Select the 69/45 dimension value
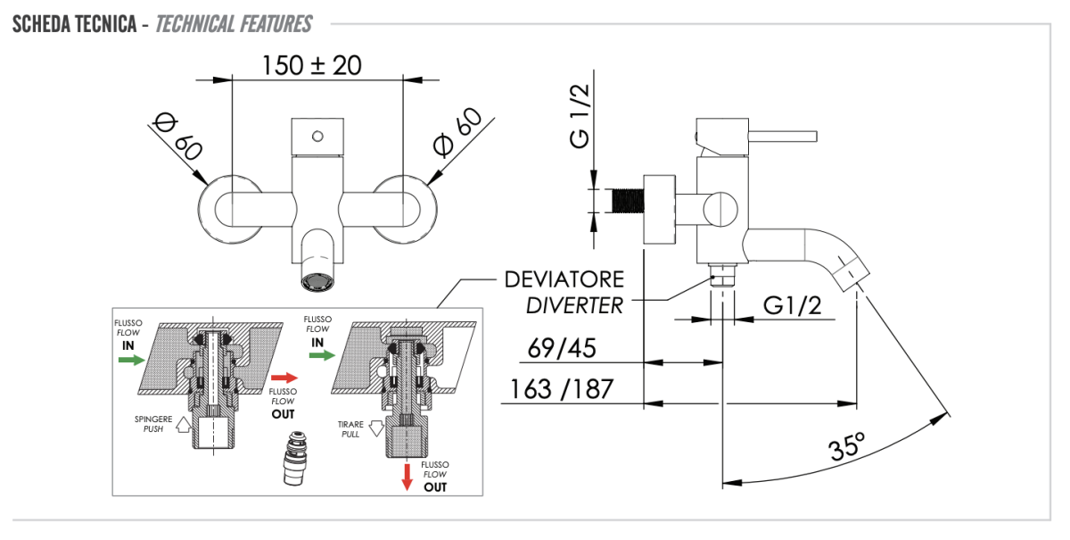(562, 348)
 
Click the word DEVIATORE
(564, 279)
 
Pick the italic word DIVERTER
(574, 305)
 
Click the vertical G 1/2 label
(580, 113)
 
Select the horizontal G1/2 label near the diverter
(792, 306)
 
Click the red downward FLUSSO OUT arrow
(407, 477)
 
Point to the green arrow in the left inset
(131, 360)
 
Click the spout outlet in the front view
(317, 282)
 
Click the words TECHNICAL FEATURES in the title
(234, 23)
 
